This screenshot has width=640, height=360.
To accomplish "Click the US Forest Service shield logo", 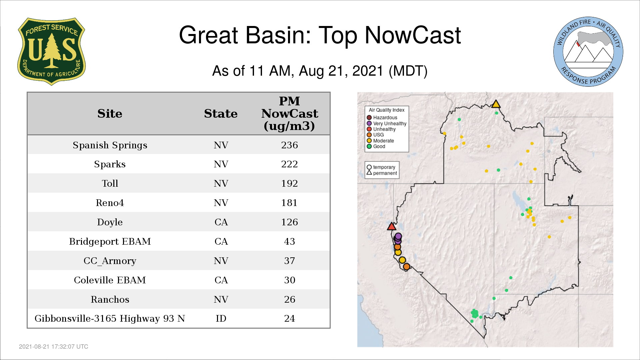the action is coord(51,52).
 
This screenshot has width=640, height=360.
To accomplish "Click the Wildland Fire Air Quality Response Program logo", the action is coord(588,52).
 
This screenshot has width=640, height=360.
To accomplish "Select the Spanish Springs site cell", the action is coord(110,145).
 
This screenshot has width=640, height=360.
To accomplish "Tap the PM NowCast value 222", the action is coord(289,164).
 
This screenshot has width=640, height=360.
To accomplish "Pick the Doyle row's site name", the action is coord(110,222).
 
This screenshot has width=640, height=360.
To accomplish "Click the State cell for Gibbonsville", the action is coord(221,318).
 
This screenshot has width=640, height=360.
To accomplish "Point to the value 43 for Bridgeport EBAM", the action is coord(289,241).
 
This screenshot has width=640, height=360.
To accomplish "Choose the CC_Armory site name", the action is coord(110,261).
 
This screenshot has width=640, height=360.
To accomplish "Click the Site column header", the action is coord(110,114).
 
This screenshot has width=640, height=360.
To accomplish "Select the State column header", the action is coord(221,114).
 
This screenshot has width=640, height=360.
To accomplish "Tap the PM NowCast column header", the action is coord(289,114).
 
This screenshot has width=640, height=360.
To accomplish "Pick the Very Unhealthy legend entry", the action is coord(387,123).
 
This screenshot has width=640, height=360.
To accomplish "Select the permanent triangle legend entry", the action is coord(382,173).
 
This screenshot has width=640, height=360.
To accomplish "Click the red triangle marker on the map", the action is coord(392,227).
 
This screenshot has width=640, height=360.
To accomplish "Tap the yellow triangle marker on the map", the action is coord(496,104).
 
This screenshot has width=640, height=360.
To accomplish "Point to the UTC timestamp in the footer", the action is coord(54,347).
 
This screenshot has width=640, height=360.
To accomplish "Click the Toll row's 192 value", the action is coord(289,183).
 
